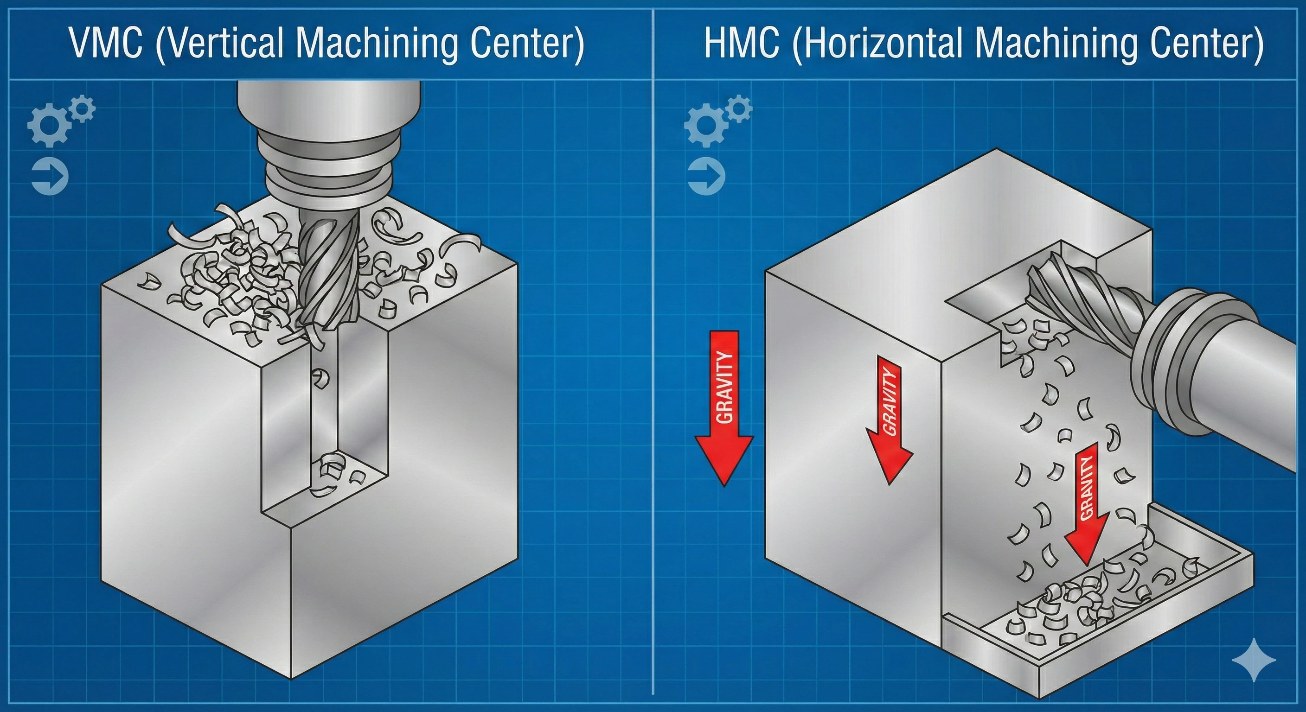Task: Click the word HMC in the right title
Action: tap(742, 43)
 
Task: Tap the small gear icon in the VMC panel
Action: tap(82, 108)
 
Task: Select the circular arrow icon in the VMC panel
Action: tap(50, 177)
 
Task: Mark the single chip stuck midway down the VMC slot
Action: tap(321, 377)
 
